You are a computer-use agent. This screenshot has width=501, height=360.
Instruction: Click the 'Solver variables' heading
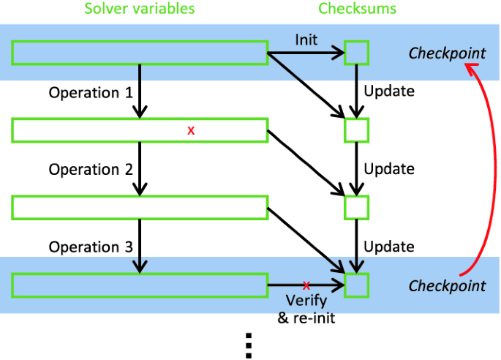[x=139, y=10]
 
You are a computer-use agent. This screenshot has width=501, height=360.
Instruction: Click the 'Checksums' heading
[x=357, y=10]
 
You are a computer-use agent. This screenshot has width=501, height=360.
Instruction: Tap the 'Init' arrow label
[x=306, y=40]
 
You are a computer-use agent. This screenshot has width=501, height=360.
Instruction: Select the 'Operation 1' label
[x=91, y=93]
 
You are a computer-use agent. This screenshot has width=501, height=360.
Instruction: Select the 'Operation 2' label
[x=91, y=170]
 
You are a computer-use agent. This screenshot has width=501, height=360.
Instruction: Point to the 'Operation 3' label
[x=91, y=247]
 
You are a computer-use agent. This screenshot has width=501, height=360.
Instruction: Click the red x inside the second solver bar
[x=191, y=130]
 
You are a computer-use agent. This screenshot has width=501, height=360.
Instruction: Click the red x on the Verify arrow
[x=306, y=285]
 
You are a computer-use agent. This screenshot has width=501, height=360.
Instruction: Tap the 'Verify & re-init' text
[x=306, y=309]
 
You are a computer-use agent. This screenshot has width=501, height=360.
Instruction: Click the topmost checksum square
[x=357, y=53]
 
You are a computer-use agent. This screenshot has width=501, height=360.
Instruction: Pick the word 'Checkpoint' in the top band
[x=447, y=53]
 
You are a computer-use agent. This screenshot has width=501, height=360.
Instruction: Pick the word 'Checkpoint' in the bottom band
[x=447, y=285]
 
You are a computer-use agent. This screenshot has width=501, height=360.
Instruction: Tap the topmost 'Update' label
[x=389, y=92]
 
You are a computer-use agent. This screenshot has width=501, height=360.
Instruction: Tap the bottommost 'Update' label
[x=389, y=247]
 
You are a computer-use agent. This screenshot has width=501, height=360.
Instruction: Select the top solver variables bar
[x=140, y=53]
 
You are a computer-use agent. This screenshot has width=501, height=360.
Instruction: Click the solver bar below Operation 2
[x=140, y=207]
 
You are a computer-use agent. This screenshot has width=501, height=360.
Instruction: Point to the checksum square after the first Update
[x=357, y=130]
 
